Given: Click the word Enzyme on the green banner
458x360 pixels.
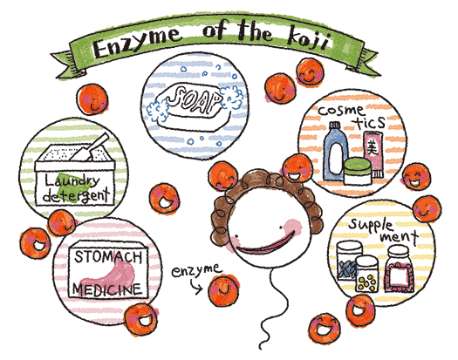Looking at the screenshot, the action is [x=136, y=43].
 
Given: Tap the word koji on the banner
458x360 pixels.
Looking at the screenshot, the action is [x=309, y=42].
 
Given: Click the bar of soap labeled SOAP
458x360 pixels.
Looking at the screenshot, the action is [x=192, y=106].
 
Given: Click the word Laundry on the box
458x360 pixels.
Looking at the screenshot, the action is [x=72, y=181].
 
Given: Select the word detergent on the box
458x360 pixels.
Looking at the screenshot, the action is [x=76, y=195].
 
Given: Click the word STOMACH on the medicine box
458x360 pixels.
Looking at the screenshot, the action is [x=108, y=256].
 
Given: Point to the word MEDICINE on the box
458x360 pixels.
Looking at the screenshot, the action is [x=107, y=289].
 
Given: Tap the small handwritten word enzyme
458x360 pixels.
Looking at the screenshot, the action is [x=195, y=270].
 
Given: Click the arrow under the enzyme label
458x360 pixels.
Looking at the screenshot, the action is [x=195, y=286].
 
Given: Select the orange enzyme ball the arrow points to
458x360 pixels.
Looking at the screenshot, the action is [x=222, y=290].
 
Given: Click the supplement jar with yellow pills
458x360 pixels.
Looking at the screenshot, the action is [x=366, y=274].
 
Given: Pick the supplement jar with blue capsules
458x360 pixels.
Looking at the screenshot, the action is [x=346, y=262].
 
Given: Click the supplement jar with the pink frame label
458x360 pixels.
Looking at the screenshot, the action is [x=399, y=269].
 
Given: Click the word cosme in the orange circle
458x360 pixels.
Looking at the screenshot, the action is [x=341, y=111].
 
